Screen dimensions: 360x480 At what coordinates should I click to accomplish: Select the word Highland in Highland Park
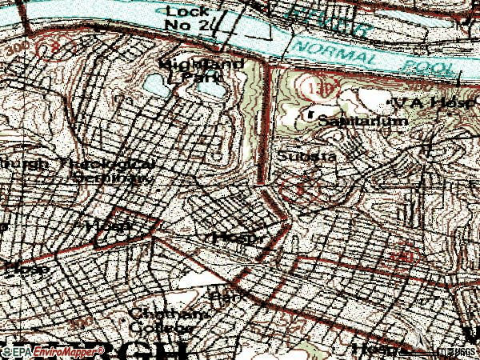click(x=186, y=62)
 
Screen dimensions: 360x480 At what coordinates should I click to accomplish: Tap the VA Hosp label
click(x=429, y=103)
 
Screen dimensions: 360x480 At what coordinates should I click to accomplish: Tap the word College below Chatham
click(x=162, y=328)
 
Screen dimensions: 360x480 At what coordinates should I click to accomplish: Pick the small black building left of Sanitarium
click(x=310, y=117)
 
